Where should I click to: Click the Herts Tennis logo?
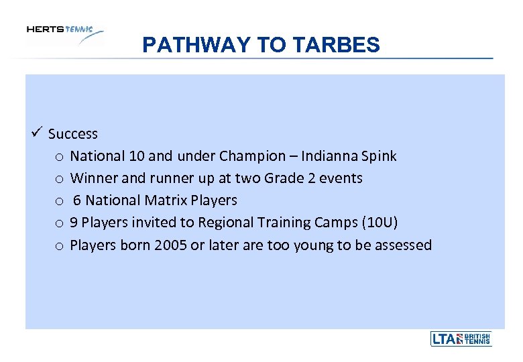tap(64, 34)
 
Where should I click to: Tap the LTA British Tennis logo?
tap(461, 339)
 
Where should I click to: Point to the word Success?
tap(73, 134)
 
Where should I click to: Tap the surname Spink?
tap(379, 156)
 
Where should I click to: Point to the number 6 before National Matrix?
tap(78, 200)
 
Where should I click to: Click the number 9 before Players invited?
tap(74, 223)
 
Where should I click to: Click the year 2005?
tap(169, 245)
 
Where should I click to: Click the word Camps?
tap(342, 223)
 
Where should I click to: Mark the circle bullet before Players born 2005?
tap(59, 246)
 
